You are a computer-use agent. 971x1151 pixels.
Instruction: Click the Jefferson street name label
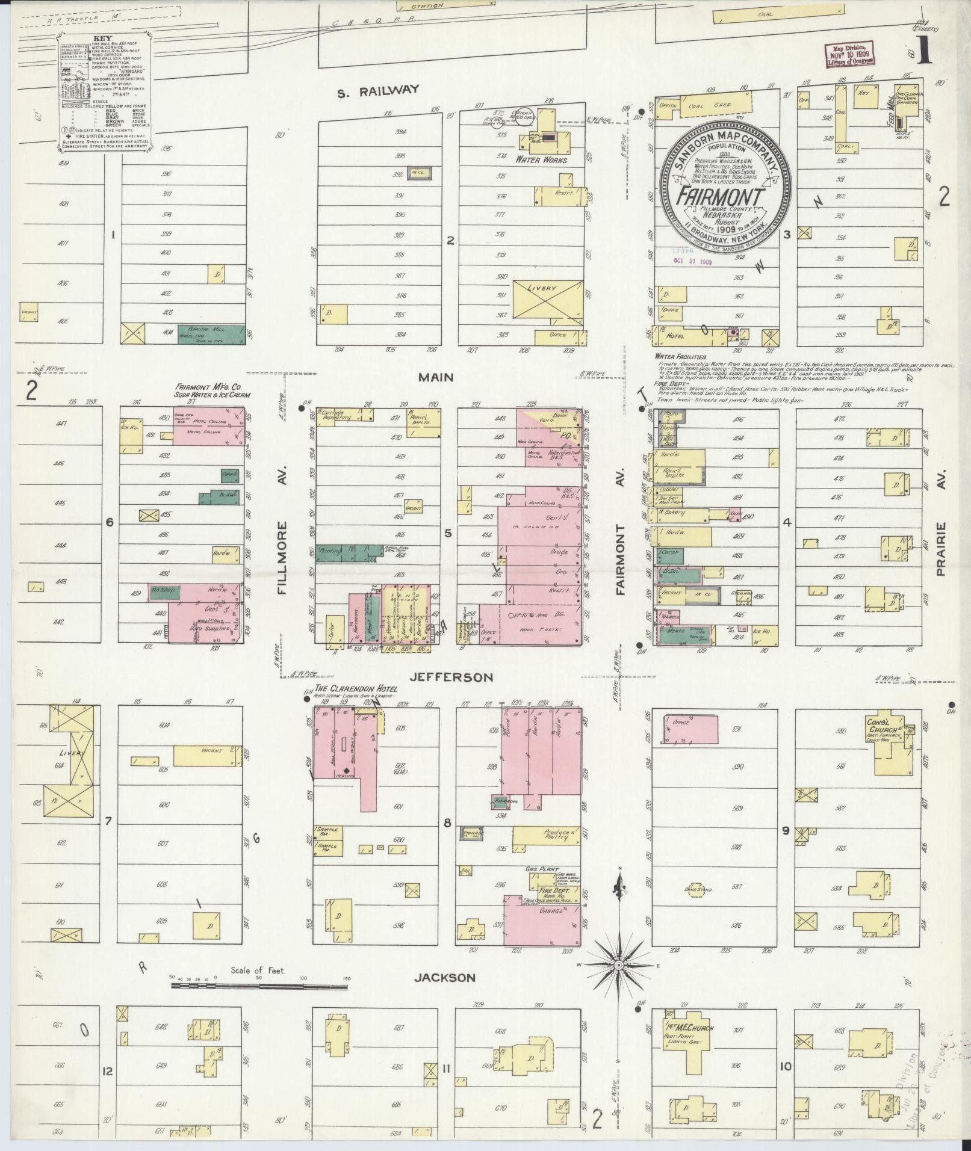[x=451, y=677]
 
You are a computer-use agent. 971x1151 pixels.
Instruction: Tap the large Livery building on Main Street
[x=547, y=298]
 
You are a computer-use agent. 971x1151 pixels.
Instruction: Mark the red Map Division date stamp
[x=849, y=55]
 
